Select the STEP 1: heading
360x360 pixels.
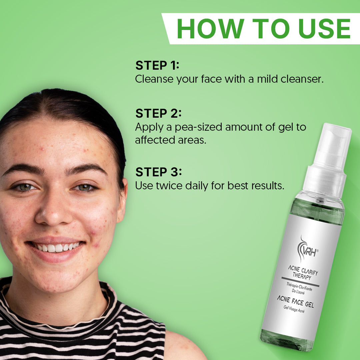pos(157,65)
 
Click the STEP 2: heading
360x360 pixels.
pos(158,113)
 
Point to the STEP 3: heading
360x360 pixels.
pos(159,172)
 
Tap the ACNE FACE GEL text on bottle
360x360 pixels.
pos(295,302)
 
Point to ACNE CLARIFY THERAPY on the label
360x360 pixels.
pos(302,273)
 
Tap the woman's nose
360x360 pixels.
pos(53,212)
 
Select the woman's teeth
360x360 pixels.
pos(57,247)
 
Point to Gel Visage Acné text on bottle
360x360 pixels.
pos(294,309)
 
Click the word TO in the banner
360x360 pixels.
pos(272,29)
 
